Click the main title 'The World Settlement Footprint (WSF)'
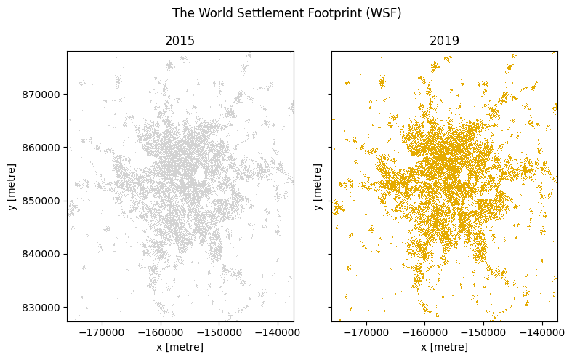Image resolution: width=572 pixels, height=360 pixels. click(x=286, y=14)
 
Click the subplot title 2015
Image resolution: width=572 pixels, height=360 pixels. click(x=180, y=41)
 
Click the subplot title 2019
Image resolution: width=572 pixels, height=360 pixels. click(x=444, y=41)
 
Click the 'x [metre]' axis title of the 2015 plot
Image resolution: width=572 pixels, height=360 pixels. click(x=180, y=347)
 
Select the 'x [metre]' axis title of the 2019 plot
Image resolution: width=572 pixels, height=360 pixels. click(x=444, y=347)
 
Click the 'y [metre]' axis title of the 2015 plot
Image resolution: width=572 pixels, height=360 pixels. click(x=12, y=186)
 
